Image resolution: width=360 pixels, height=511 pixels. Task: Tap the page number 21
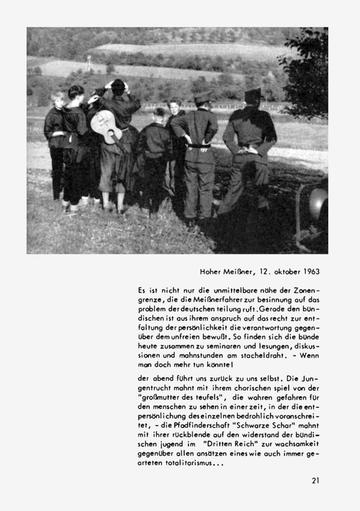(x=316, y=480)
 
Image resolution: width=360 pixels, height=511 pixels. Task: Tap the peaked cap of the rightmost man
(x=254, y=94)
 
